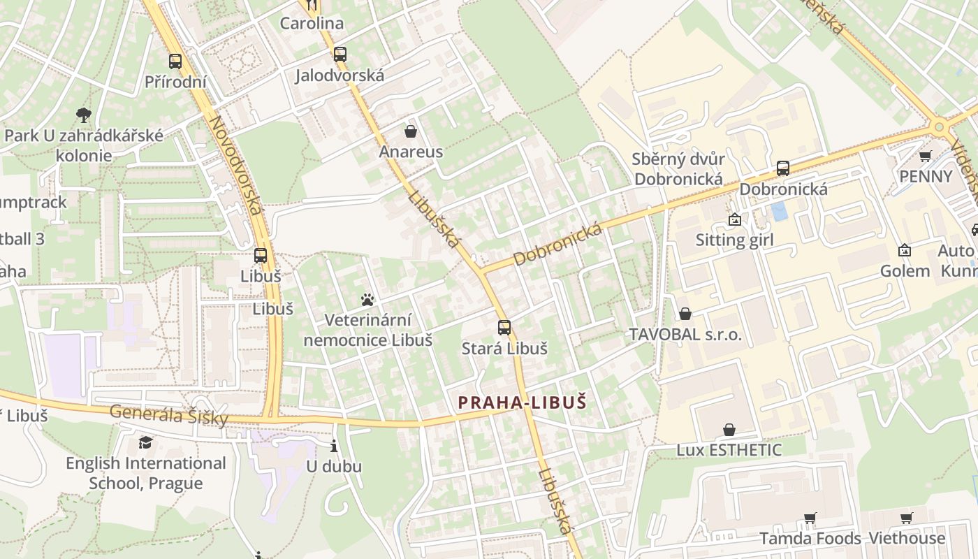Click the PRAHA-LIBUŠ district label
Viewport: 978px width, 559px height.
pos(522,402)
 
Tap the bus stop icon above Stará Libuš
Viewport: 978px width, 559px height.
pos(504,327)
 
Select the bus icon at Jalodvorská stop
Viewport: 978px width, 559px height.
pos(340,54)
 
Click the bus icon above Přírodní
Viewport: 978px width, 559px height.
pos(175,61)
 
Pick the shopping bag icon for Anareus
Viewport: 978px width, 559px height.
pos(410,131)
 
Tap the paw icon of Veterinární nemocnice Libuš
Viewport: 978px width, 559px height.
pos(367,300)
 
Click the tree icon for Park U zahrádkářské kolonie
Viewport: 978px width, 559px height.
pos(84,115)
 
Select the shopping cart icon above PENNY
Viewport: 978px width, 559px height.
pos(925,156)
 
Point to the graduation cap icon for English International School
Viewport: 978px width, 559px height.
pos(145,442)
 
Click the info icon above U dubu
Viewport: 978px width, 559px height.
pos(334,446)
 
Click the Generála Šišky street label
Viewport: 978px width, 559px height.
pos(169,414)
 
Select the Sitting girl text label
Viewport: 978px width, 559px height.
pos(734,240)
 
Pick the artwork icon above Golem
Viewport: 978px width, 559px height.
pos(904,250)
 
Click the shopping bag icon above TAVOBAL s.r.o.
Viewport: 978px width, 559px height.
pos(685,314)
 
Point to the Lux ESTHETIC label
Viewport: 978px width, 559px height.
pos(729,449)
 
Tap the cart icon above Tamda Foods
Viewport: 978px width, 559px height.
pos(810,518)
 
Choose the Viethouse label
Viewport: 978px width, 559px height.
pos(906,538)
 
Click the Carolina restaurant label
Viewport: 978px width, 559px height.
pos(312,23)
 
